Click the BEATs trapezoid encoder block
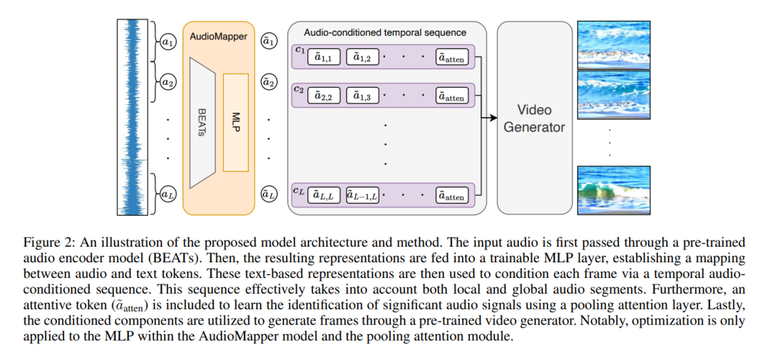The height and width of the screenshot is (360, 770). point(202,121)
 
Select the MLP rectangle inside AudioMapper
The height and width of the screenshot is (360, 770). point(236,122)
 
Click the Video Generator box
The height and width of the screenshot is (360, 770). point(534,118)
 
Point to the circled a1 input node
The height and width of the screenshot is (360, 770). point(168,43)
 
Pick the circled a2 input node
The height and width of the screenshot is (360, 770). point(168,81)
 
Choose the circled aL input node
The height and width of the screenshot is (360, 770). point(168,195)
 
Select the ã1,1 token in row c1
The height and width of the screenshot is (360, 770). point(324,58)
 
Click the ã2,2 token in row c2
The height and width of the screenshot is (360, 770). point(324,97)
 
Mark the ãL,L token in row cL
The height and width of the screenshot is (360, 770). point(324,196)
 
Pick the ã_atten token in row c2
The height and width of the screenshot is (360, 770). point(452,97)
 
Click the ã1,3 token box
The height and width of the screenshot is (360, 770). point(363,97)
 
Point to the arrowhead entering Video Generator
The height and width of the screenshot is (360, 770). point(493,118)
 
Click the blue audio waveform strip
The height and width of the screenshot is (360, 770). point(133,117)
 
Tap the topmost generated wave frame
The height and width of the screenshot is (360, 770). point(614,44)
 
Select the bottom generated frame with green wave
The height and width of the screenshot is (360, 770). point(614,190)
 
